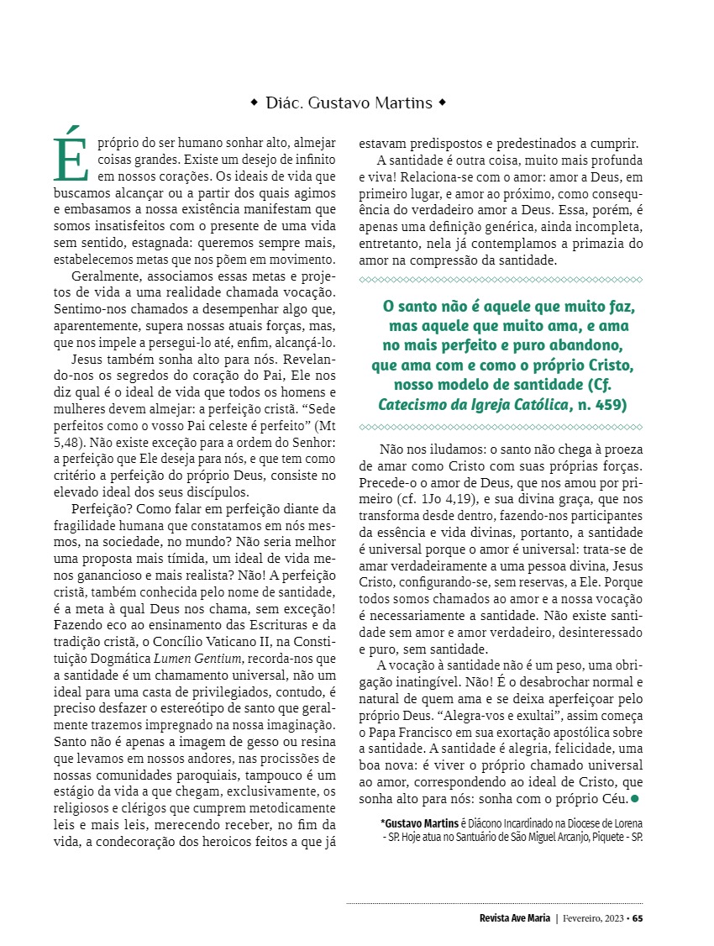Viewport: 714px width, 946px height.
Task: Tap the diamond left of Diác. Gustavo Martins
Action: [x=255, y=103]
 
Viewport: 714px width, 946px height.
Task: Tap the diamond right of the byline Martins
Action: [x=443, y=103]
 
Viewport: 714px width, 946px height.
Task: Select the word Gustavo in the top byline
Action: [x=339, y=103]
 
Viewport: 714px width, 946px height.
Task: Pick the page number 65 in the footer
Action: [x=638, y=917]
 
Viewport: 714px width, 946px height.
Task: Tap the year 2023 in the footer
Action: [x=608, y=917]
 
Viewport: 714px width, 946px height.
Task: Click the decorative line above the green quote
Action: [x=500, y=280]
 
